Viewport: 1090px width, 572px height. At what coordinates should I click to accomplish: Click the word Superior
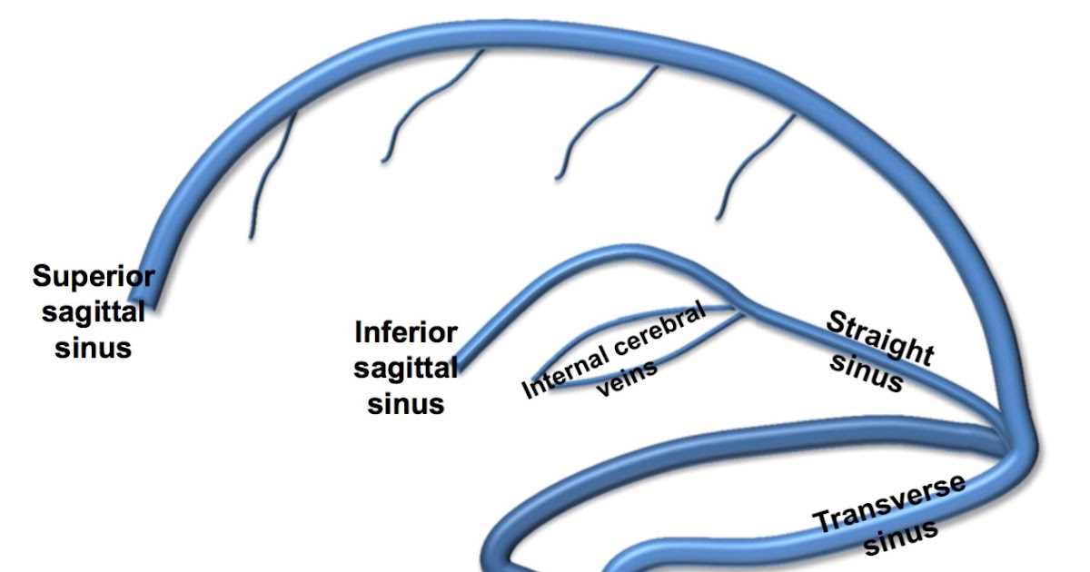[94, 276]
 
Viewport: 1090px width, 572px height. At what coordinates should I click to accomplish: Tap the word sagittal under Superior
[93, 312]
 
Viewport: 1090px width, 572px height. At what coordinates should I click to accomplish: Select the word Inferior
[405, 332]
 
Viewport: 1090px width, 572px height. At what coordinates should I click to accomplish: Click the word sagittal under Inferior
[405, 368]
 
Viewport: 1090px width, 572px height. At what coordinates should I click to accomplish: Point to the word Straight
[878, 337]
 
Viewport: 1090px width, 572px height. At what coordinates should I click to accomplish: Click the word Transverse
[889, 504]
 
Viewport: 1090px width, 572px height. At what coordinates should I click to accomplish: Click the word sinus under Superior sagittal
[93, 348]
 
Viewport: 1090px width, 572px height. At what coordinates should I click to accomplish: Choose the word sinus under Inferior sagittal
[405, 403]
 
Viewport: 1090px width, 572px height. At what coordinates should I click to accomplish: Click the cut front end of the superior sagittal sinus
[142, 300]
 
